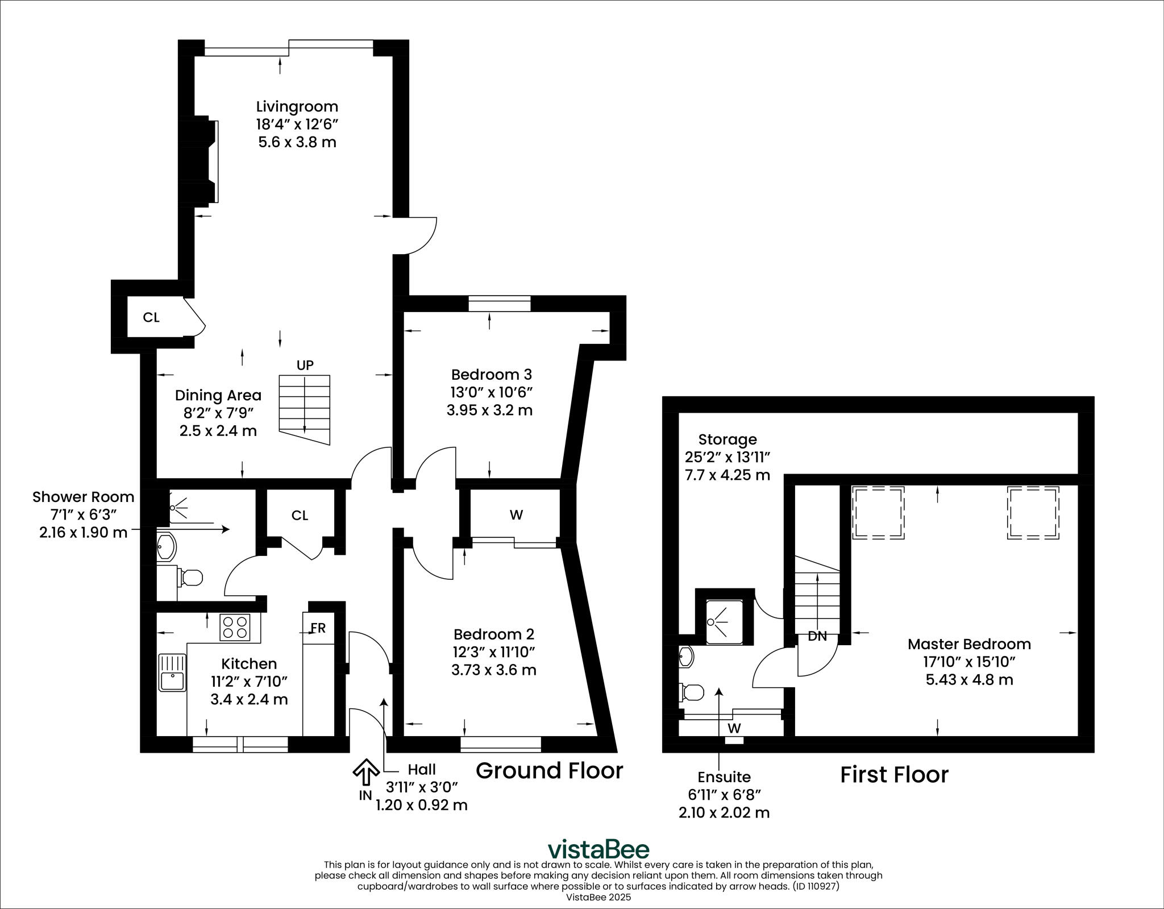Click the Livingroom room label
(x=297, y=106)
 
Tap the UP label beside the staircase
(x=305, y=365)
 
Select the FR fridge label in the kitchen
(x=318, y=628)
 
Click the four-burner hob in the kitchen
(x=235, y=628)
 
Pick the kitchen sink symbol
(x=172, y=672)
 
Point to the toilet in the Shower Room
(x=190, y=578)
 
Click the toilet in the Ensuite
(x=692, y=692)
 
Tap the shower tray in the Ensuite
(x=724, y=622)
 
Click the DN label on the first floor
(x=817, y=637)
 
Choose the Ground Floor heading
(x=549, y=771)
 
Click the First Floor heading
(x=894, y=775)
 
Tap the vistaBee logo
(x=598, y=849)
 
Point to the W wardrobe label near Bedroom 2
(x=516, y=515)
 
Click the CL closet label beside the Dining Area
(x=151, y=317)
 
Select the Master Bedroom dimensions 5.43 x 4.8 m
(x=969, y=679)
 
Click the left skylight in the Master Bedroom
(x=878, y=512)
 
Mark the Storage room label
(x=727, y=439)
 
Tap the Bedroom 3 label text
(x=491, y=375)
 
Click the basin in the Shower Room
(x=167, y=547)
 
